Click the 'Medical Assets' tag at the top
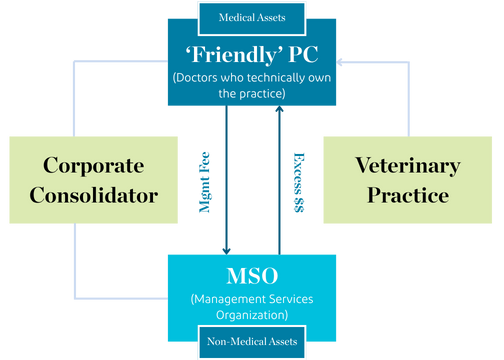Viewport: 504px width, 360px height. (x=252, y=16)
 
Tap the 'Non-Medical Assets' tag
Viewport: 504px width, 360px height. (x=252, y=342)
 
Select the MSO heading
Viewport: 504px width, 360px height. (x=252, y=276)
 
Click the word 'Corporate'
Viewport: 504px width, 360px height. (x=93, y=165)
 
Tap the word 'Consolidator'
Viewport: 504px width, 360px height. (x=93, y=194)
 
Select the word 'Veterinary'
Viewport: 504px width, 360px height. (x=407, y=165)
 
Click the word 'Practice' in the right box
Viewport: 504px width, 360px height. (x=407, y=194)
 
